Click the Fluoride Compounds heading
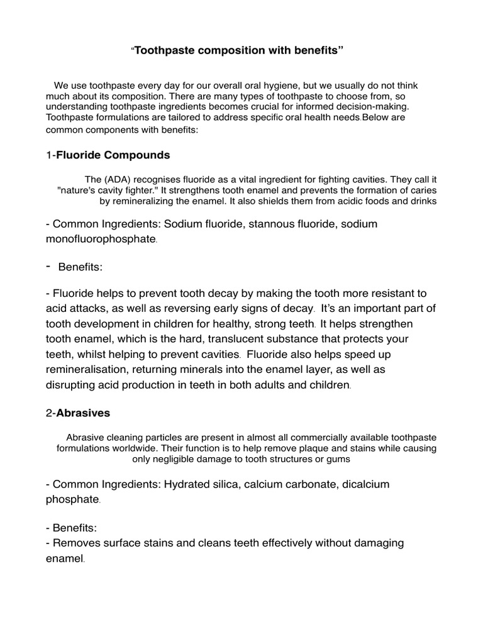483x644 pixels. [113, 155]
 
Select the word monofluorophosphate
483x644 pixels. [100, 240]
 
